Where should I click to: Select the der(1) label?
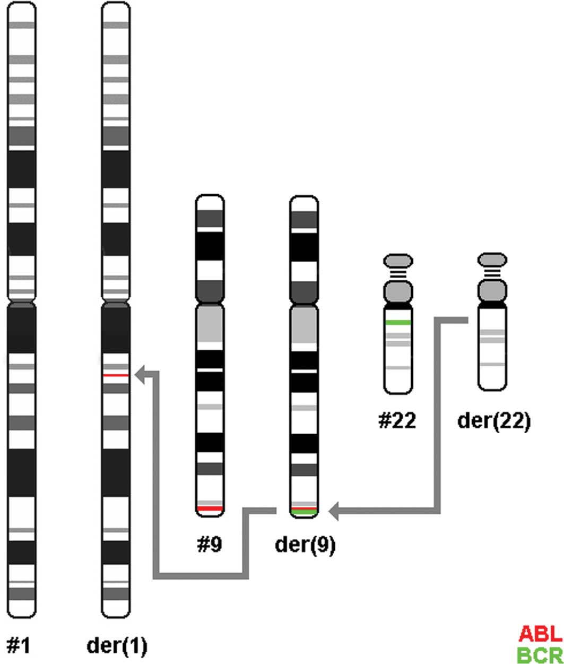point(117,645)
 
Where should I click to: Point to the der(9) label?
point(305,545)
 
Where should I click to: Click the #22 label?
point(397,420)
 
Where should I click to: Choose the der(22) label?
point(493,420)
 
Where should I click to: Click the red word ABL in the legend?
point(541,633)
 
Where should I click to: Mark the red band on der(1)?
point(116,375)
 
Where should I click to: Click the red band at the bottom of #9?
point(210,508)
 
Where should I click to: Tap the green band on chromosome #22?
point(397,322)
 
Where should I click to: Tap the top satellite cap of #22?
point(397,261)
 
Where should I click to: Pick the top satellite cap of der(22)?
point(492,260)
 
